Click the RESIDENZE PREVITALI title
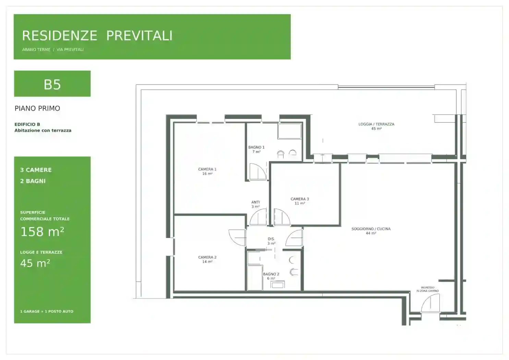tap(97, 36)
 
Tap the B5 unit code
tap(52, 85)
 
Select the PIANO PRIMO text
tap(37, 108)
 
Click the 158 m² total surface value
tap(42, 232)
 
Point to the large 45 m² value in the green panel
tap(35, 263)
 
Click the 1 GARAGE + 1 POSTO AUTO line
tap(47, 311)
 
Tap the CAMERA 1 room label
tap(207, 171)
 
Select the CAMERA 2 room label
tap(207, 259)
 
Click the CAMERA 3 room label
tap(300, 201)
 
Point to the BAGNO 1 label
tap(256, 149)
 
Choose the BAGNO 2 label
tap(271, 276)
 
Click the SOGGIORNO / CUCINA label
tap(371, 231)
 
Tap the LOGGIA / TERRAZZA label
tap(376, 127)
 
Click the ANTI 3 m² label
tap(255, 204)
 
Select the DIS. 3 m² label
tap(271, 241)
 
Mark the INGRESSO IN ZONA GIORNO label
tap(427, 289)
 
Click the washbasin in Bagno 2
tap(277, 285)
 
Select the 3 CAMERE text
tap(36, 170)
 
